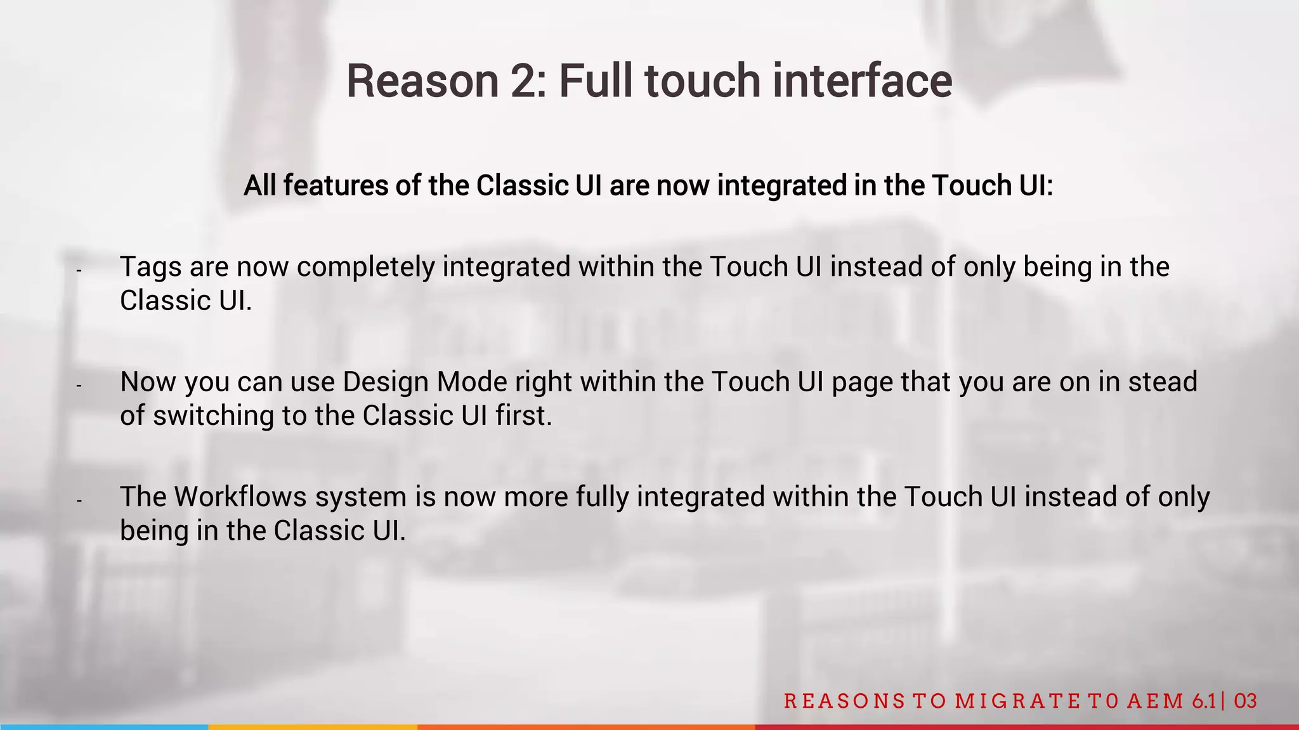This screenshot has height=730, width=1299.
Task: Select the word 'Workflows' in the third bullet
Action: [x=240, y=497]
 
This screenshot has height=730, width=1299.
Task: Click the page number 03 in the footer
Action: [x=1246, y=701]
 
